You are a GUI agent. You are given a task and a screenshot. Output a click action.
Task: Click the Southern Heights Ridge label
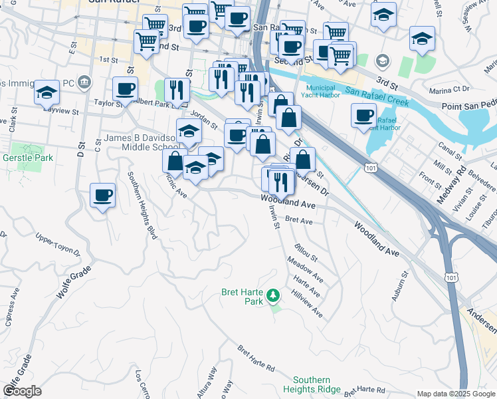pos(312,384)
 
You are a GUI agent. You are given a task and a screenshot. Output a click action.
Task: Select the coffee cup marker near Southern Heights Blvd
pos(102,195)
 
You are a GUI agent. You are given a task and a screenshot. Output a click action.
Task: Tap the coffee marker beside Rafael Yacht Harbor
pos(363,115)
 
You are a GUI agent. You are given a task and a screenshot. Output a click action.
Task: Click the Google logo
pos(22,390)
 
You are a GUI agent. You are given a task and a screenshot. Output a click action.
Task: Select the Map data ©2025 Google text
pos(455,394)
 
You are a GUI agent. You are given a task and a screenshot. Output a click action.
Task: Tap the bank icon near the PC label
pos(84,82)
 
